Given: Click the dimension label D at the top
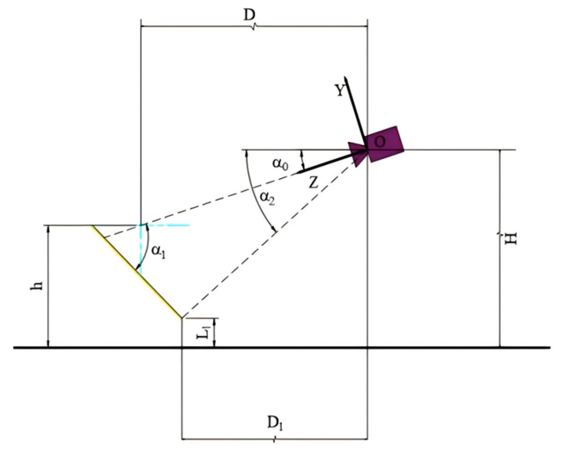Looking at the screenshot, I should click(x=249, y=15).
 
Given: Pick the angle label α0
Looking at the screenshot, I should click(x=280, y=163).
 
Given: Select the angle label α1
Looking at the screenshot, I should click(x=158, y=251).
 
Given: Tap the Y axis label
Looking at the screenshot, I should click(x=340, y=91).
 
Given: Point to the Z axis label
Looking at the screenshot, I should click(x=313, y=183).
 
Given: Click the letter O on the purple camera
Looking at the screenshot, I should click(x=379, y=142).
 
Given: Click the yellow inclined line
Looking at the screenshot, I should click(x=137, y=271).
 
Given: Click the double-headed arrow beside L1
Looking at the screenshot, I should click(x=214, y=332).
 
